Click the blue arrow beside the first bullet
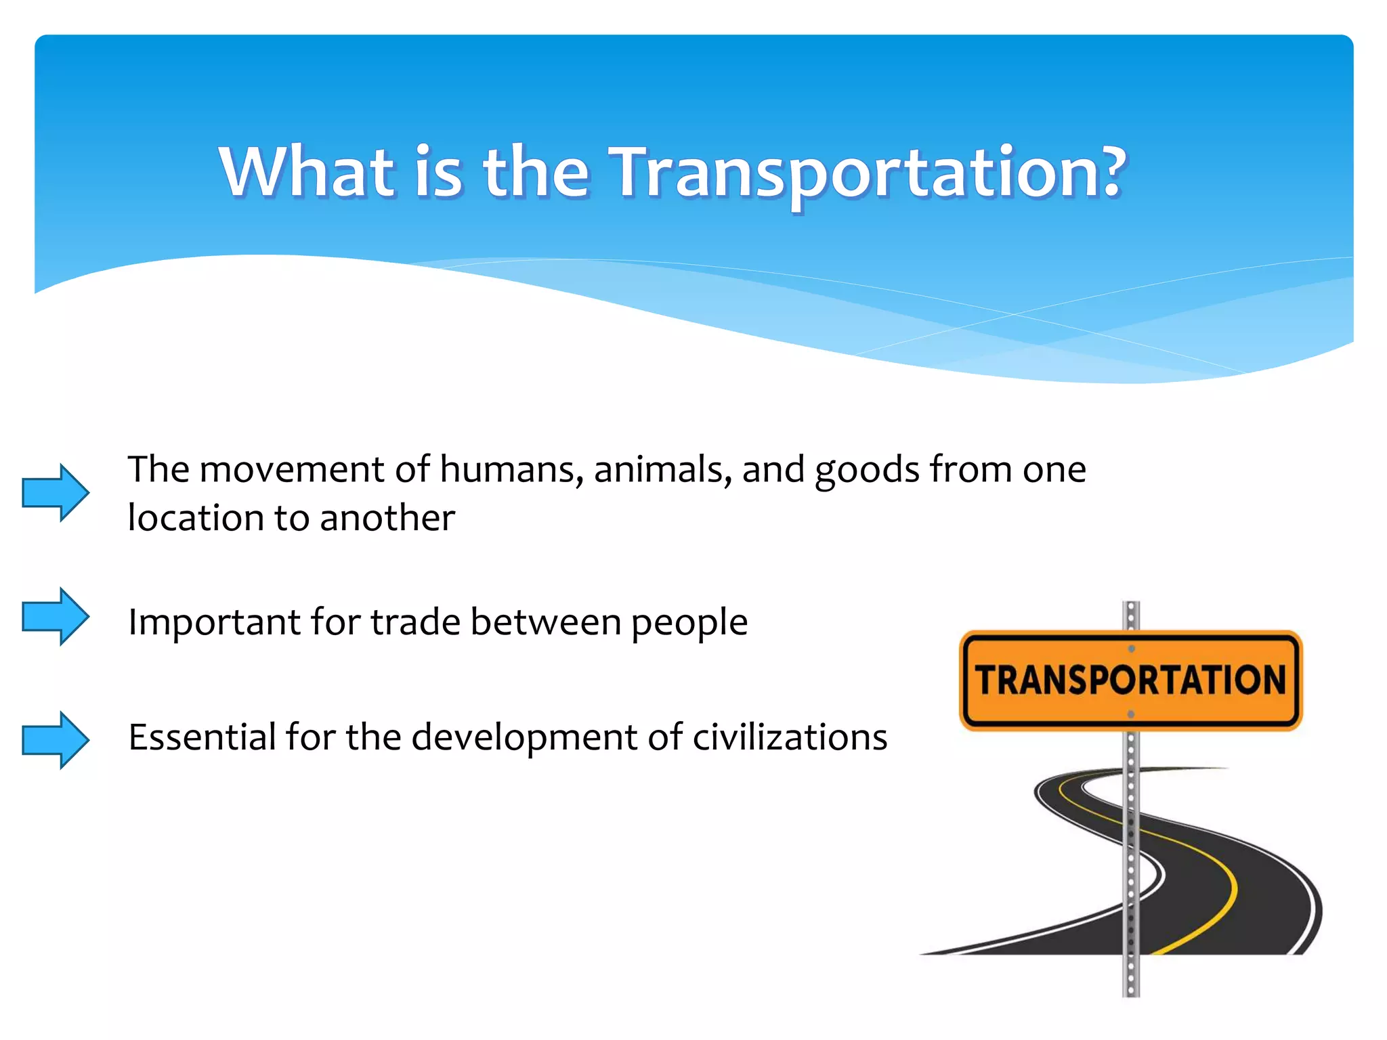56,492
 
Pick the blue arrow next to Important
56,616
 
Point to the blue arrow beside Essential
56,740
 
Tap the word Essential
201,737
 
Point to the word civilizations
789,737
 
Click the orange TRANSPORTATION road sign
1130,680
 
